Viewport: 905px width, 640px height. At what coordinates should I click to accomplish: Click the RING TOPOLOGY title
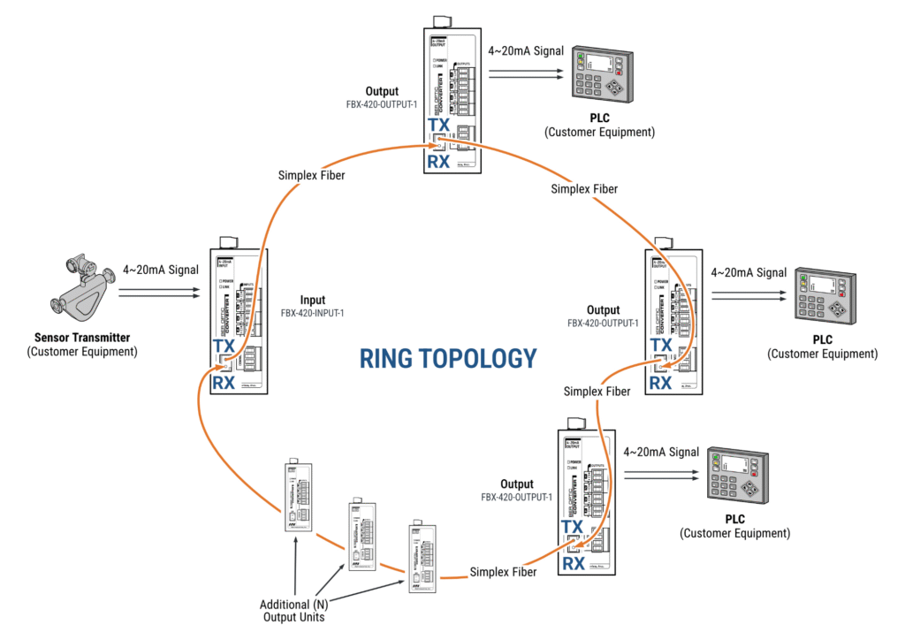pyautogui.click(x=448, y=357)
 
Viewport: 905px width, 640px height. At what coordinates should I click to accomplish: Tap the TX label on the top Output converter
pyautogui.click(x=438, y=126)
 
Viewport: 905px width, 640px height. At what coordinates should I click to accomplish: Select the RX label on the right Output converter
pyautogui.click(x=660, y=383)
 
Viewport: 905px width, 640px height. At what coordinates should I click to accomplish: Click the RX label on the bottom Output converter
pyautogui.click(x=574, y=563)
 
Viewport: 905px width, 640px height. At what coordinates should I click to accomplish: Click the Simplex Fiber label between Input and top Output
pyautogui.click(x=312, y=175)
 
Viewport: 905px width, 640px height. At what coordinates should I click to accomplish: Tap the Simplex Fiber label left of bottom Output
pyautogui.click(x=503, y=572)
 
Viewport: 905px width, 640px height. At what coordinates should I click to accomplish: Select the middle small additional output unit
pyautogui.click(x=361, y=535)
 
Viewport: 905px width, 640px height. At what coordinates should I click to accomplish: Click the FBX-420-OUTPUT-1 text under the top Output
pyautogui.click(x=382, y=104)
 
